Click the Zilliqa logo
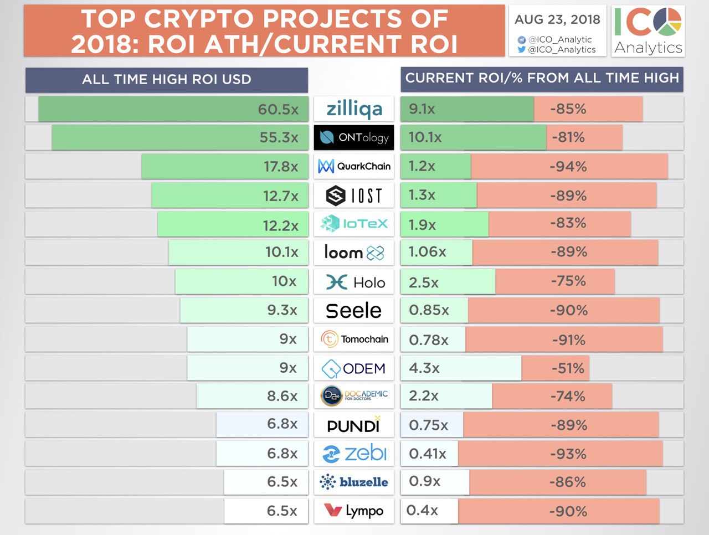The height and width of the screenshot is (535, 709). point(354,109)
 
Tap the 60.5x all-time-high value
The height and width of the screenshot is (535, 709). point(278,109)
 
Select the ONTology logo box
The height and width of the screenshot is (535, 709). point(354,137)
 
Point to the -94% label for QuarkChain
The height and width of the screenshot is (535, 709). point(568,167)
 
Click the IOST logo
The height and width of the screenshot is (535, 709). point(354,195)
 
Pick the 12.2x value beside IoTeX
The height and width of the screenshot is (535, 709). point(280,225)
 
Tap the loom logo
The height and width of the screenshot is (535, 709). point(354,253)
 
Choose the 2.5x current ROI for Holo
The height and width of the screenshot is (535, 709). point(424,282)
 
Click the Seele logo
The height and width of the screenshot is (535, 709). point(354,311)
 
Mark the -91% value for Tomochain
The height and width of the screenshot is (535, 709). point(568,340)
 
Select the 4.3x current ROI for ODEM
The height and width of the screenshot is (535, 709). point(424,368)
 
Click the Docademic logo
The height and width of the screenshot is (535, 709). point(354,395)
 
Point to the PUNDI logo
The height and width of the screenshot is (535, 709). point(354,425)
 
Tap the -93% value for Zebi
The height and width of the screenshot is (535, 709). point(568,454)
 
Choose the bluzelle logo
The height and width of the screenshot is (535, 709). point(354,482)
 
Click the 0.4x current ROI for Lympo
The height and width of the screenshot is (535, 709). point(422,510)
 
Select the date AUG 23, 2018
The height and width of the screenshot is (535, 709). point(557,19)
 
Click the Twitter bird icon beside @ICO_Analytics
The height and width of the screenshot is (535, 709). point(521,49)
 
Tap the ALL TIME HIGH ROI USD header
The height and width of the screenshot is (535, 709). point(166,80)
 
